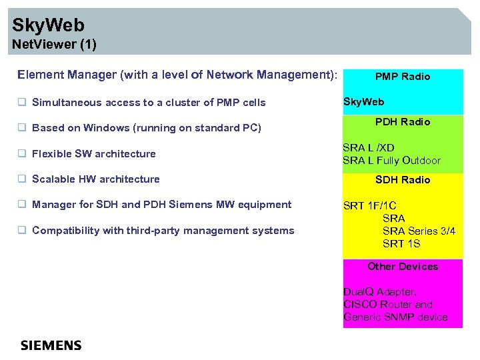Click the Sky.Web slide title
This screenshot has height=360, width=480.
pyautogui.click(x=49, y=26)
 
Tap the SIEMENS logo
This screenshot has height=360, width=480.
pyautogui.click(x=51, y=345)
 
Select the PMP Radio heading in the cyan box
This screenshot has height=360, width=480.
pyautogui.click(x=402, y=77)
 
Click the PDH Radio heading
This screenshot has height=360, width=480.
pyautogui.click(x=402, y=122)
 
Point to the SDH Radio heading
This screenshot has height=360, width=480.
pyautogui.click(x=402, y=180)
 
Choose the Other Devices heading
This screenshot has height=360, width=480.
pyautogui.click(x=402, y=267)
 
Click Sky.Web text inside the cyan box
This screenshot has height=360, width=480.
pyautogui.click(x=363, y=102)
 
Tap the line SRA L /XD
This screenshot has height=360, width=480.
pyautogui.click(x=368, y=147)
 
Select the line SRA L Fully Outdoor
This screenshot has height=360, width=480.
pyautogui.click(x=391, y=161)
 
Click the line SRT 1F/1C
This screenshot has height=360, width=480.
pyautogui.click(x=369, y=205)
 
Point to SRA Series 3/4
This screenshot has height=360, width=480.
pyautogui.click(x=419, y=231)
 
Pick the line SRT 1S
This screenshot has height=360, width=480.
pyautogui.click(x=401, y=244)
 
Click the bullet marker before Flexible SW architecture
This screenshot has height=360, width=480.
pyautogui.click(x=22, y=154)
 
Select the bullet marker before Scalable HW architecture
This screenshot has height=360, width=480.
pyautogui.click(x=22, y=179)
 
